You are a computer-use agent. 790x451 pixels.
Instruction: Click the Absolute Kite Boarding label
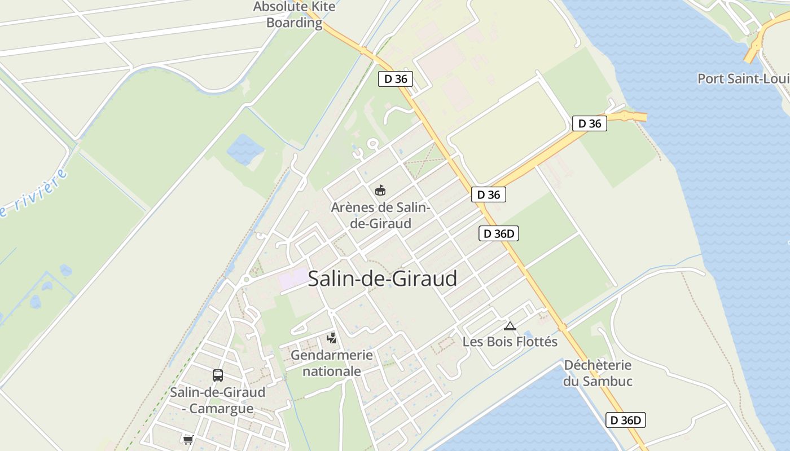pyautogui.click(x=294, y=15)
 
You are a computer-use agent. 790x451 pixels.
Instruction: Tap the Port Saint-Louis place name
pyautogui.click(x=743, y=78)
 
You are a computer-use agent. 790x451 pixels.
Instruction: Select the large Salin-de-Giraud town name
pyautogui.click(x=383, y=278)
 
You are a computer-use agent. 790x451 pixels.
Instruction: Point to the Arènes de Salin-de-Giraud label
pyautogui.click(x=380, y=215)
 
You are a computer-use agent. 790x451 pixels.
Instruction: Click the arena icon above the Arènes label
pyautogui.click(x=380, y=191)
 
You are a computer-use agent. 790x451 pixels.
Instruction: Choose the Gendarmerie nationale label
pyautogui.click(x=332, y=363)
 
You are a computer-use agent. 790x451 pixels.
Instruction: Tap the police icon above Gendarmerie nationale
pyautogui.click(x=332, y=338)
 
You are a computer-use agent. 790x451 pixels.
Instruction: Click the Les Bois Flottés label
pyautogui.click(x=510, y=342)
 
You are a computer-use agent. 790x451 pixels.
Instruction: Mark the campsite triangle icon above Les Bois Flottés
pyautogui.click(x=510, y=326)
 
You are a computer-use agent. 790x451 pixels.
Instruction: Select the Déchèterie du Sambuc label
pyautogui.click(x=598, y=373)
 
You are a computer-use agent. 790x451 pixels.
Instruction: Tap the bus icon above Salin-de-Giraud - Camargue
pyautogui.click(x=218, y=375)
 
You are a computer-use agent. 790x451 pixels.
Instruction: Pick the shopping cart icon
pyautogui.click(x=188, y=440)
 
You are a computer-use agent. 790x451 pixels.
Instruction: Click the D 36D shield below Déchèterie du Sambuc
pyautogui.click(x=626, y=420)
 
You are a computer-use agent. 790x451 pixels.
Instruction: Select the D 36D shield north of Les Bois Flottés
pyautogui.click(x=499, y=233)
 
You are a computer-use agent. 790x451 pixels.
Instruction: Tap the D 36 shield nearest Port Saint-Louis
pyautogui.click(x=590, y=123)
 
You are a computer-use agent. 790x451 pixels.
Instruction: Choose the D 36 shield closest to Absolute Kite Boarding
pyautogui.click(x=396, y=79)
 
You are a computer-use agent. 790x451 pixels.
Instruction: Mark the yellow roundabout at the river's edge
pyautogui.click(x=627, y=117)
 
